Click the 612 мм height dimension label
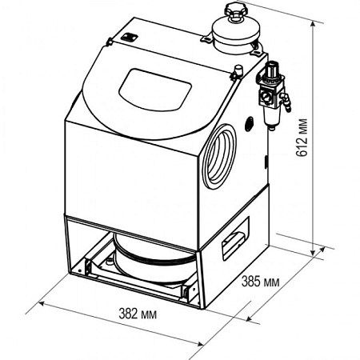point(302,138)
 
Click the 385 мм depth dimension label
point(261,282)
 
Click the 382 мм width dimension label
point(138,314)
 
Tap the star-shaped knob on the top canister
point(236,10)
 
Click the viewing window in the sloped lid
point(155,90)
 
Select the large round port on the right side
point(219,155)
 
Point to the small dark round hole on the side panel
point(250,124)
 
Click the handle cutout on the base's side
point(235,238)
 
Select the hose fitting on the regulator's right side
point(286,102)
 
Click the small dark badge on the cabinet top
point(129,37)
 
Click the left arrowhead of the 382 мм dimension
point(43,304)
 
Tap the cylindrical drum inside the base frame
point(153,260)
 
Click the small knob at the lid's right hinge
point(237,71)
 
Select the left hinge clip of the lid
point(110,42)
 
